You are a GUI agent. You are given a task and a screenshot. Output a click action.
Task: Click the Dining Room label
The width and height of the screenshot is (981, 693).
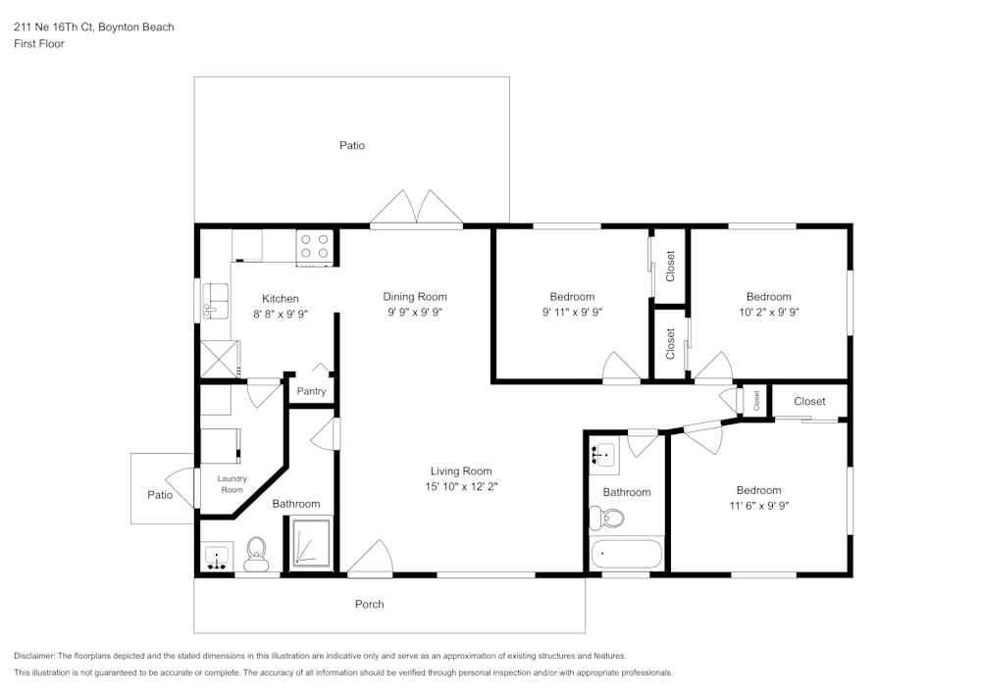(x=414, y=297)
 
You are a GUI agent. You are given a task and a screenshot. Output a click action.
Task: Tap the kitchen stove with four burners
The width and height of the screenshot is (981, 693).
(x=315, y=247)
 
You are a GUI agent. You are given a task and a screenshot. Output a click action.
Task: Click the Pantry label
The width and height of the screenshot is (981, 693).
(x=311, y=392)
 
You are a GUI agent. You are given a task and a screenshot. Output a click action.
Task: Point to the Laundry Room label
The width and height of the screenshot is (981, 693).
(x=232, y=483)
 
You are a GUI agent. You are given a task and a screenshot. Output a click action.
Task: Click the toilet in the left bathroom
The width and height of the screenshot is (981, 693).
(x=256, y=555)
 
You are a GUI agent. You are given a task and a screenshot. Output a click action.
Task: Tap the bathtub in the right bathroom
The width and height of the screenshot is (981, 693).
(x=628, y=554)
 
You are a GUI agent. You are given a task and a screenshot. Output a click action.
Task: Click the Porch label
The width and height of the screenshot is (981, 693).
(x=369, y=604)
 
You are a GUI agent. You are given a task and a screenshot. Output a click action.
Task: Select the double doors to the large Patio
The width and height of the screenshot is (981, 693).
(x=417, y=208)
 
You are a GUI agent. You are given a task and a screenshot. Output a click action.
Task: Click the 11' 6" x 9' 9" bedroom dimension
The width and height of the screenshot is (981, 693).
(x=758, y=507)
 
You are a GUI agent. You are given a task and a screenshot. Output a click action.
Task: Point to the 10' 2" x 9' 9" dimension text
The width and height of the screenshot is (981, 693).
(x=768, y=313)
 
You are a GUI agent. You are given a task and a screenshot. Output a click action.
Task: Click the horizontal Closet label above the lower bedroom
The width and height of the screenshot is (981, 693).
(x=809, y=401)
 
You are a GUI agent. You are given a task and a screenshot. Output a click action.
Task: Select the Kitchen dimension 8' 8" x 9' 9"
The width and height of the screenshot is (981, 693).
(x=280, y=315)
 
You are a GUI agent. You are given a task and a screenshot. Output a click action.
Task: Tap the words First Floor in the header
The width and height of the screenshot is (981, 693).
(x=38, y=44)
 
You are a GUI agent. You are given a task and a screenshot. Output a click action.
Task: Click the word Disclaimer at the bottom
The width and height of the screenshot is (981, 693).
(x=34, y=655)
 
